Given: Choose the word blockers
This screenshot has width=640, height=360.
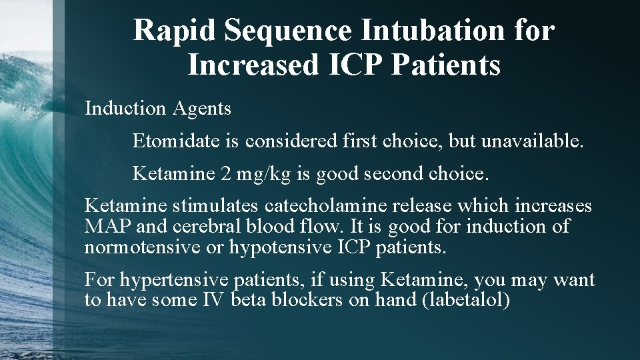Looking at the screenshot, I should pyautogui.click(x=309, y=301).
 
